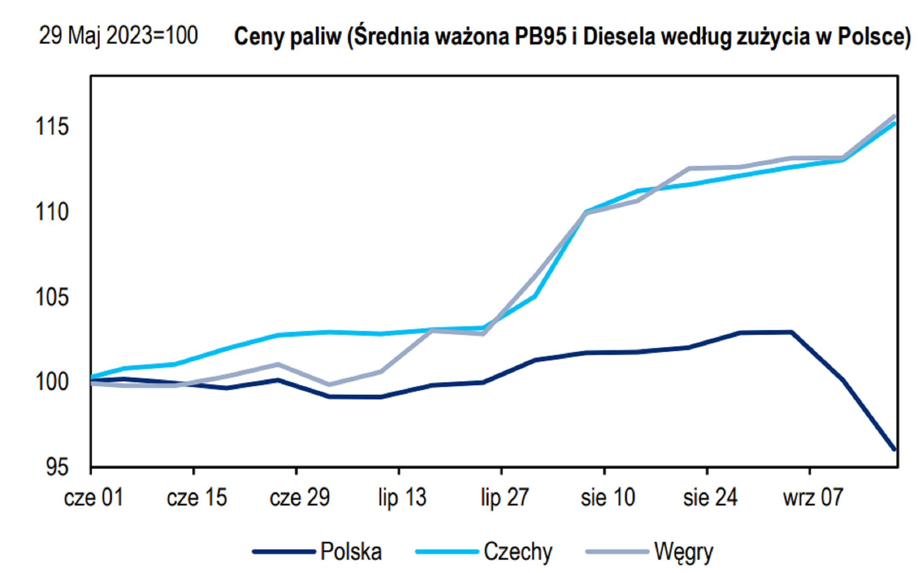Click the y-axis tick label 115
(52, 127)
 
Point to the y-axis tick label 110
(52, 212)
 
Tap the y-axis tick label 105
(52, 297)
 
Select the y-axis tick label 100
(52, 381)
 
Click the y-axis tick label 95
(57, 467)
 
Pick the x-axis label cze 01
(94, 498)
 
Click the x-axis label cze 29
(300, 498)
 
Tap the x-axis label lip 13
(402, 498)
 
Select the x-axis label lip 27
(505, 498)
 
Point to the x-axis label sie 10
(608, 498)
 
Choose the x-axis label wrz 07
(813, 498)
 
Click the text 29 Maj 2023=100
(118, 35)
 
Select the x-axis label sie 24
(710, 498)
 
